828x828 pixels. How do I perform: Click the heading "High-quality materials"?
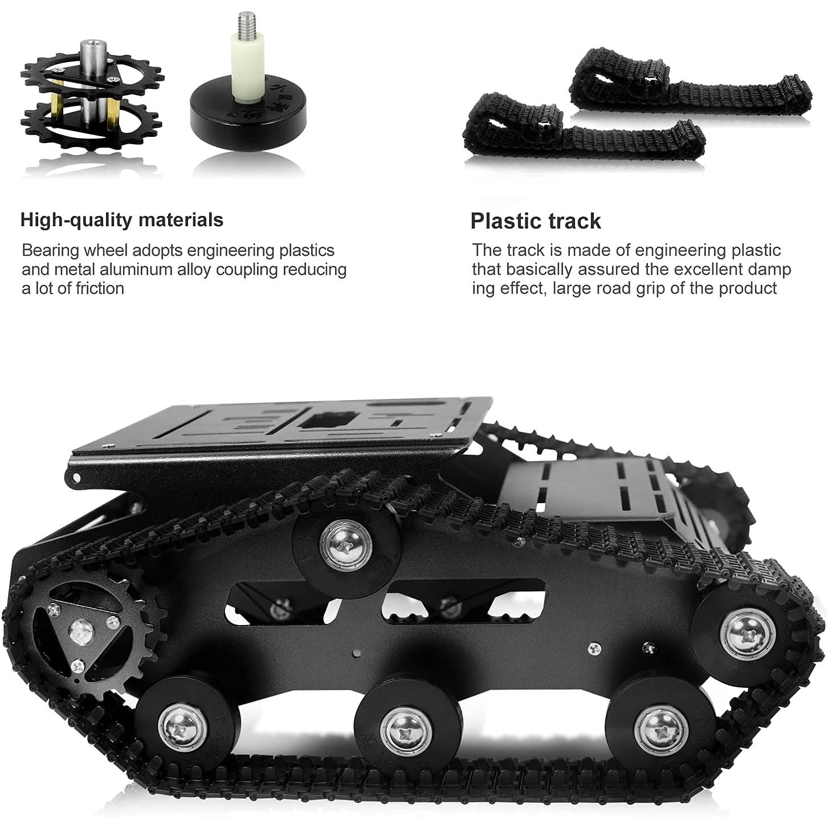pyautogui.click(x=121, y=220)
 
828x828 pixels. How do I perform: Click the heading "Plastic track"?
pyautogui.click(x=536, y=221)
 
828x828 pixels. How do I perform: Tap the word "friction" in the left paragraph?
pyautogui.click(x=100, y=288)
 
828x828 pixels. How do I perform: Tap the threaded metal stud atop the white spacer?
pyautogui.click(x=244, y=26)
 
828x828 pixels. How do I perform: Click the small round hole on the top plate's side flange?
pyautogui.click(x=76, y=478)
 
